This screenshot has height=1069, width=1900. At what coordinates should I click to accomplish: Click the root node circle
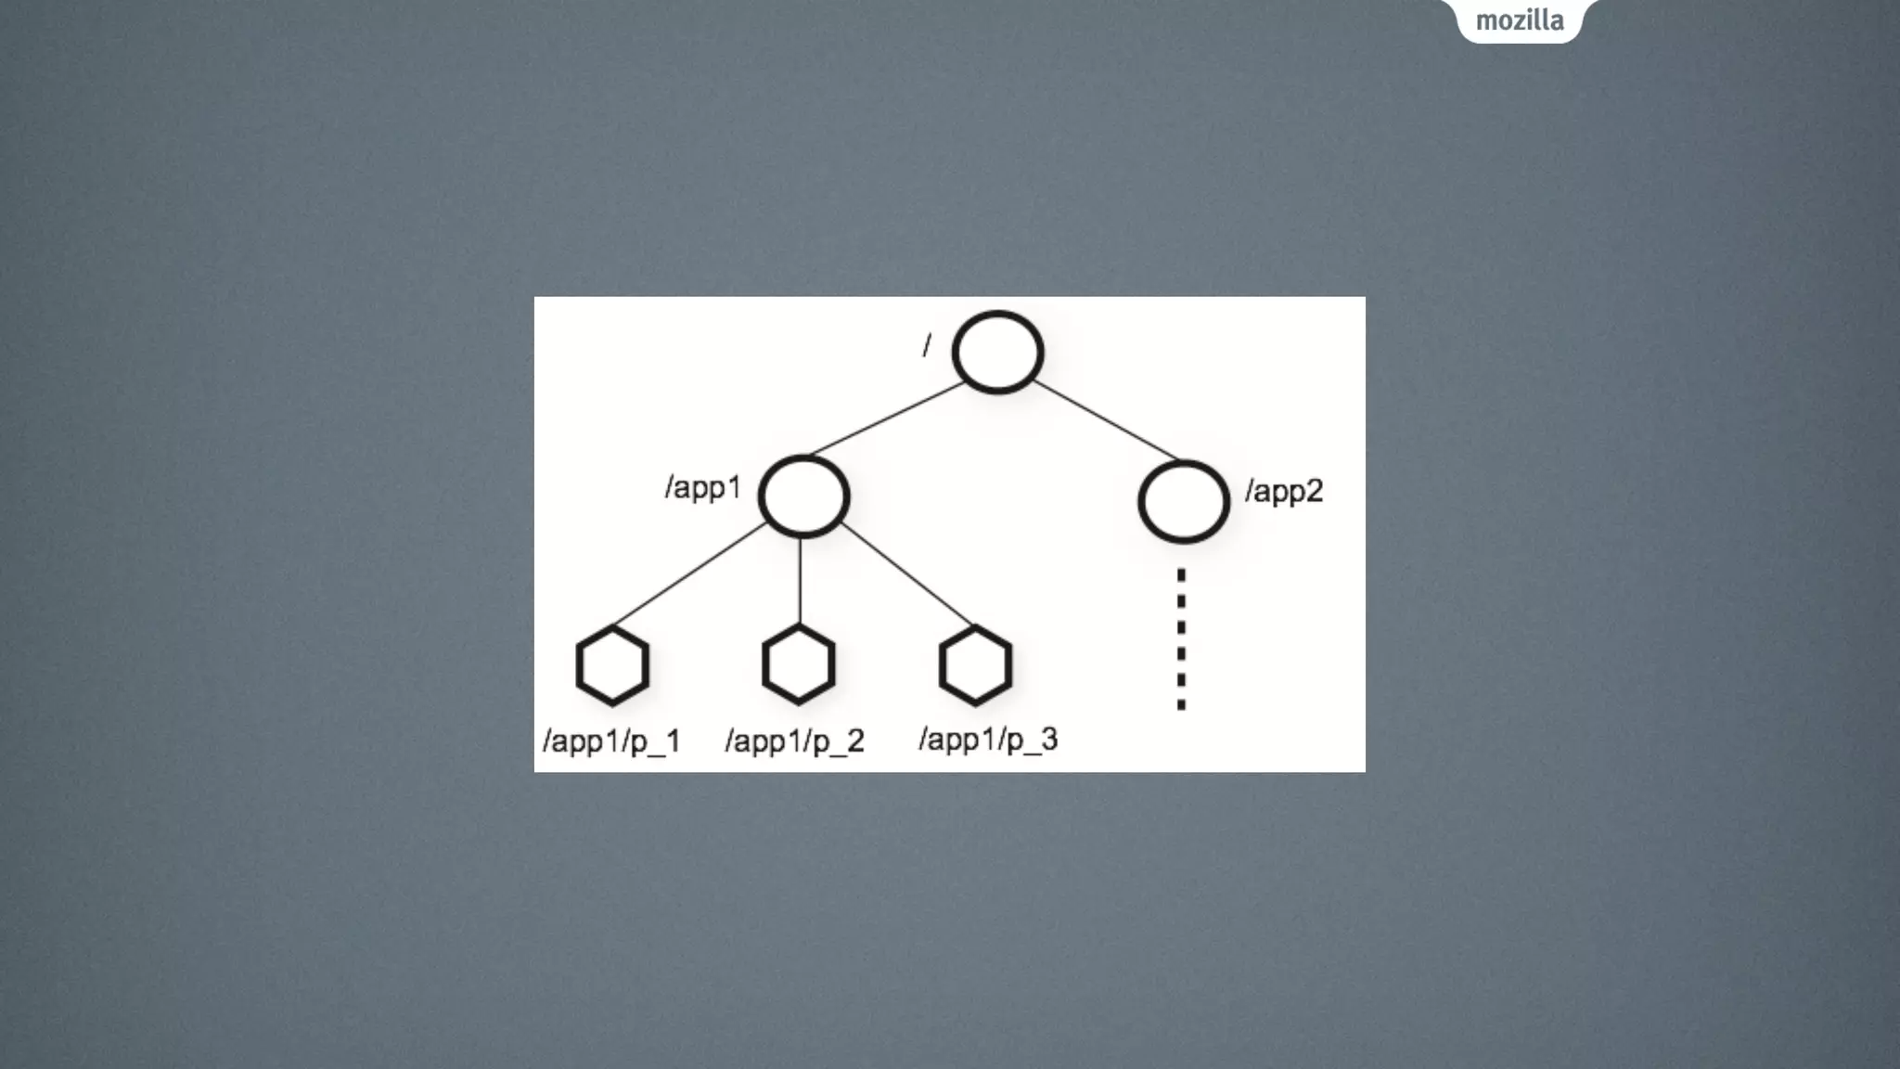[x=997, y=353]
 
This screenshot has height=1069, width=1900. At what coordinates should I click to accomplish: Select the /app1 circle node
[x=803, y=496]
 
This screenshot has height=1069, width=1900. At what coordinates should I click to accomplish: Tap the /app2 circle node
[x=1184, y=501]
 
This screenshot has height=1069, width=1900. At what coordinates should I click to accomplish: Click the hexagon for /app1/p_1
[x=612, y=665]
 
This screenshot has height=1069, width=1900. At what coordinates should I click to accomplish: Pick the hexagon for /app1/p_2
[x=799, y=664]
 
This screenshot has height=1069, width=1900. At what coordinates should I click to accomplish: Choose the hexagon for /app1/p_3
[x=975, y=665]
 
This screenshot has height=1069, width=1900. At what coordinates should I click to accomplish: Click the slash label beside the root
[x=926, y=345]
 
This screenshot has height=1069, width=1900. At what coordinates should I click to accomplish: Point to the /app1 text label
[x=703, y=487]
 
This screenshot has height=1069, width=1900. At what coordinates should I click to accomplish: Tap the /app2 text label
[x=1284, y=491]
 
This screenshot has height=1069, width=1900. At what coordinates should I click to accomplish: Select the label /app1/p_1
[x=612, y=741]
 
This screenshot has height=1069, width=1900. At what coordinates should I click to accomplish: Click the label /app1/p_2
[x=795, y=741]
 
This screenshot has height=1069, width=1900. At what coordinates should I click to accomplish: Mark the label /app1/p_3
[x=988, y=740]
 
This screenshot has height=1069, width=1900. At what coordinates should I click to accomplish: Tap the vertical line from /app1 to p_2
[x=800, y=581]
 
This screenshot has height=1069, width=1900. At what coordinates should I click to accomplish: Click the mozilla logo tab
[x=1520, y=20]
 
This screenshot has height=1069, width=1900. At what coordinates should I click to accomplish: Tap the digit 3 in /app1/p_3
[x=1048, y=739]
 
